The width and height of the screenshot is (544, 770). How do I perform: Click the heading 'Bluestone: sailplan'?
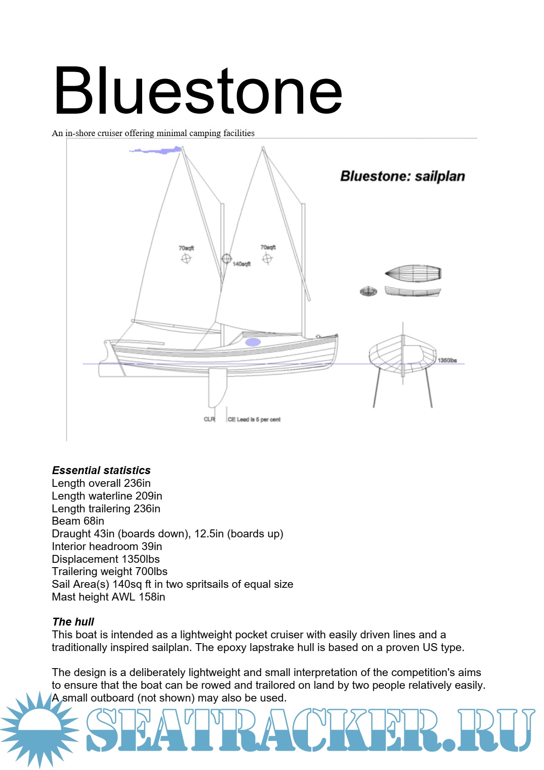[402, 176]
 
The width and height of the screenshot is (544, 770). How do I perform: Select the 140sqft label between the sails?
[242, 264]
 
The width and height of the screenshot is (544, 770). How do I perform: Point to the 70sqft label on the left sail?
[186, 248]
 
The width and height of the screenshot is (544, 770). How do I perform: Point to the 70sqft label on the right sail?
[268, 247]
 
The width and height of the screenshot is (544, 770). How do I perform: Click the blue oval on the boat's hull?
[253, 342]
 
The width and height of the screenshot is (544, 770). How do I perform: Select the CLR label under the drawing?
[209, 419]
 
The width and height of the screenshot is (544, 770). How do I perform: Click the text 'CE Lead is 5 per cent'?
[254, 419]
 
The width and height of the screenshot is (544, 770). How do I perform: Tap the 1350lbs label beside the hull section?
[447, 360]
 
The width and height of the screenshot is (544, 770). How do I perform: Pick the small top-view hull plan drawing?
[413, 273]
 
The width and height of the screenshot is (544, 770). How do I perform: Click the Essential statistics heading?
[101, 470]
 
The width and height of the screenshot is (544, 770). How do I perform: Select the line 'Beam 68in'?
[78, 521]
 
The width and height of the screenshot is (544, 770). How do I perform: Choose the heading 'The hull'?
[73, 622]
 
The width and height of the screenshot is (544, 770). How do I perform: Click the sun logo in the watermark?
[39, 729]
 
